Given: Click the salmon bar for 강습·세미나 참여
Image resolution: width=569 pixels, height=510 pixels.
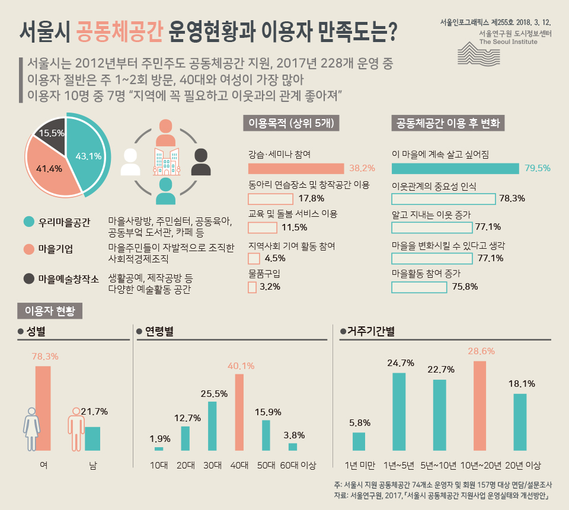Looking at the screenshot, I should click(296, 168).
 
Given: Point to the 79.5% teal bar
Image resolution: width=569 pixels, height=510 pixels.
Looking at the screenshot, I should click(455, 168).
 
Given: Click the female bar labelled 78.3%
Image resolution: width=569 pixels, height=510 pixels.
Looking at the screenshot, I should click(43, 409).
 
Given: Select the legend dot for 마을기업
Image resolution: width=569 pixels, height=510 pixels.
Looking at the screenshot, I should click(28, 249).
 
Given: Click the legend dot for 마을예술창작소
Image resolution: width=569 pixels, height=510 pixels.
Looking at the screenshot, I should click(28, 278).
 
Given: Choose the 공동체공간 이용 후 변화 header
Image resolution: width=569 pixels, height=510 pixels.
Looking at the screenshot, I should click(449, 123).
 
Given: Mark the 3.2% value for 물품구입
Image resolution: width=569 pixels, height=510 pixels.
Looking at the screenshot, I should click(270, 287).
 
